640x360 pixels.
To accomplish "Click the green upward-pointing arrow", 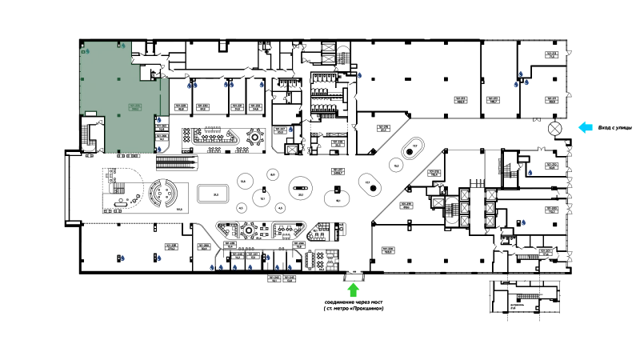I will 353,290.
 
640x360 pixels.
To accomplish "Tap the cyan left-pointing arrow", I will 586,126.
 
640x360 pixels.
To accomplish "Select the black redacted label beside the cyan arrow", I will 614,127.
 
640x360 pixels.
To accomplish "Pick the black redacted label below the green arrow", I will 352,307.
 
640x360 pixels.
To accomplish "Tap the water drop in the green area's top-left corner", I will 87,51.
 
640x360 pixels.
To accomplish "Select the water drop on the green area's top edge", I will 123,46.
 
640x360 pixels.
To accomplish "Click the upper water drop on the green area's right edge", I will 158,120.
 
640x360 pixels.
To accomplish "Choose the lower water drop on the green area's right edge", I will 158,148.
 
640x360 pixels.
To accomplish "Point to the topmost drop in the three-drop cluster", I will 521,74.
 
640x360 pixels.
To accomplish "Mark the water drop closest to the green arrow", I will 290,266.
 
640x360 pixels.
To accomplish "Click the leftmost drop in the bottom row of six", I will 211,266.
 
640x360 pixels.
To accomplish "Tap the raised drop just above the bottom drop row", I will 268,258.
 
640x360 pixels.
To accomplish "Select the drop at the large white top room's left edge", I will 361,76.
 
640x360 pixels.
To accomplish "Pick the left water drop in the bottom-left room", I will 123,257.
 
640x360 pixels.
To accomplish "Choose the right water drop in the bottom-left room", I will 158,258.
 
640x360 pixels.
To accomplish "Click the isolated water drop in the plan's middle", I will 290,130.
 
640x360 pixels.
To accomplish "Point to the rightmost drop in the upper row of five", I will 261,85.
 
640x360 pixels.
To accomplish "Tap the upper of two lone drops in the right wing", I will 530,171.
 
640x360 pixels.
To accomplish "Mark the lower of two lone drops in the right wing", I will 523,222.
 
